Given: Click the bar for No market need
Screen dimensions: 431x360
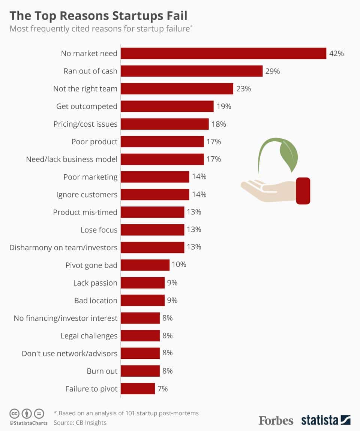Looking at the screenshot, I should [x=223, y=53].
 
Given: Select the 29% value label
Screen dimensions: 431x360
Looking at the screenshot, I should [x=273, y=71].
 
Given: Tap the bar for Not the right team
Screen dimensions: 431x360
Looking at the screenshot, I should [x=177, y=89].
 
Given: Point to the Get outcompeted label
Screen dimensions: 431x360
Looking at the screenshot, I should [x=87, y=106].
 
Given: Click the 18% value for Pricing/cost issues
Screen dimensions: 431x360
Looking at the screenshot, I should [x=219, y=124].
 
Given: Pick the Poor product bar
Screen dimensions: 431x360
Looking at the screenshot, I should [x=162, y=142].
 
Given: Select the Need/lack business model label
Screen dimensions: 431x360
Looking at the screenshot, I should [x=71, y=159].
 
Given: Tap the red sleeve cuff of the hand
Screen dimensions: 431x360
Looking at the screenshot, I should [x=303, y=191].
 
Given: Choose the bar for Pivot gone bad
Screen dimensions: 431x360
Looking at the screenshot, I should [x=145, y=265].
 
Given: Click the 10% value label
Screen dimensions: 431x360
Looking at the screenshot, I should [x=179, y=265].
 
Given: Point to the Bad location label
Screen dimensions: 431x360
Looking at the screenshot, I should [x=96, y=301].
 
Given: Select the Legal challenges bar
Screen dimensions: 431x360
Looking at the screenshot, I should [x=140, y=335].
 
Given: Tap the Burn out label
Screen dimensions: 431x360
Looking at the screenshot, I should [x=102, y=371].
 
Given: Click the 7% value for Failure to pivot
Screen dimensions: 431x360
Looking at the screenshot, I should [x=162, y=389].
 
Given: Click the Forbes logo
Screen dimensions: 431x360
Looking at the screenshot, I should [x=276, y=420].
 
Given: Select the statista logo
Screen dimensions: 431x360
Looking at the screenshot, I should [x=325, y=420].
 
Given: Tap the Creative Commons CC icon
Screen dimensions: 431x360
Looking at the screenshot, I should [x=14, y=414].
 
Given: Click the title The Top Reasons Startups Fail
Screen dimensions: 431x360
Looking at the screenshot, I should [x=98, y=16].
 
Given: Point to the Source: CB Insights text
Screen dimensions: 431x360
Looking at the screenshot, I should [x=80, y=423].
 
